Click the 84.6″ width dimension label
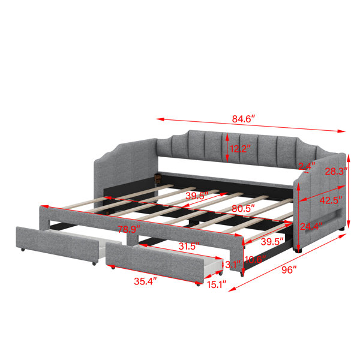(244, 119)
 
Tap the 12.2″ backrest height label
(239, 149)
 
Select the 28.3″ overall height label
(336, 171)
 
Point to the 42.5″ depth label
(331, 200)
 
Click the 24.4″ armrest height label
(311, 227)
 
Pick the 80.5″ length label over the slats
(243, 209)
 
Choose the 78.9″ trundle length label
(129, 229)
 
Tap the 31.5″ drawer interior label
(189, 247)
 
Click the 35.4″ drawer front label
(145, 281)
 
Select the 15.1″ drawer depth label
(217, 285)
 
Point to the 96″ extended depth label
(289, 270)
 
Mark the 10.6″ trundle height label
(256, 260)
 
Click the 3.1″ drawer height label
(233, 265)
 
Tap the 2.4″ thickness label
(307, 166)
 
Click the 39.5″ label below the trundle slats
(272, 242)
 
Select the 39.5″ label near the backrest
(197, 196)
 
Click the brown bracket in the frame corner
(157, 178)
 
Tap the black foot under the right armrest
(298, 251)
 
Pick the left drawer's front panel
(57, 244)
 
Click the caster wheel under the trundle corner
(242, 274)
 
